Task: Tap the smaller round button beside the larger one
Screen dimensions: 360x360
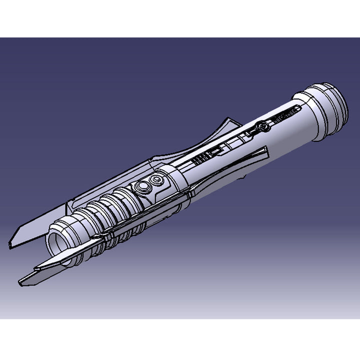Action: coord(158,179)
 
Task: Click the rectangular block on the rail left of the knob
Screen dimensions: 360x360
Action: coord(216,150)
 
